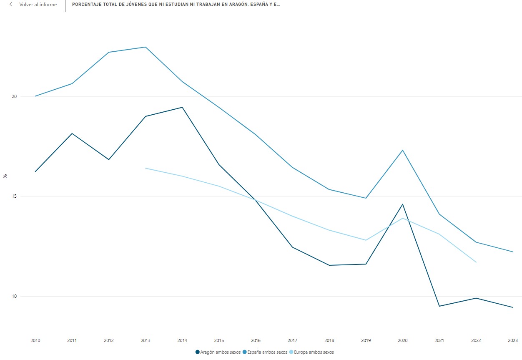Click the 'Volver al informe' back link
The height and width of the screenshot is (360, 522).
pyautogui.click(x=38, y=5)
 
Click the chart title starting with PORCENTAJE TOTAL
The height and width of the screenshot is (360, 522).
pyautogui.click(x=176, y=5)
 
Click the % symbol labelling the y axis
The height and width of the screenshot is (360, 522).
pyautogui.click(x=5, y=176)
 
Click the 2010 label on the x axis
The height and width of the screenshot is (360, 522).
pyautogui.click(x=35, y=341)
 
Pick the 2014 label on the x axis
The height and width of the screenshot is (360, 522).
pyautogui.click(x=182, y=341)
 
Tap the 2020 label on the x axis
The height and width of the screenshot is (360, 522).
pyautogui.click(x=402, y=341)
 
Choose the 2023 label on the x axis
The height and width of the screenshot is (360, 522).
pyautogui.click(x=512, y=341)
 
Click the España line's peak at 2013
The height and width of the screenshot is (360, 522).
pyautogui.click(x=146, y=47)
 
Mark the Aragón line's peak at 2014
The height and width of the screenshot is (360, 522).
pyautogui.click(x=182, y=107)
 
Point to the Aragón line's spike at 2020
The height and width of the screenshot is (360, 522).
pyautogui.click(x=402, y=204)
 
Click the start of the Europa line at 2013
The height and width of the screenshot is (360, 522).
pyautogui.click(x=146, y=168)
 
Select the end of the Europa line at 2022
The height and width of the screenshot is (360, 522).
pyautogui.click(x=476, y=262)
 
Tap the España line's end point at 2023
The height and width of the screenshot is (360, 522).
pyautogui.click(x=512, y=252)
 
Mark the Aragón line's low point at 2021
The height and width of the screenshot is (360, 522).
pyautogui.click(x=439, y=306)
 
